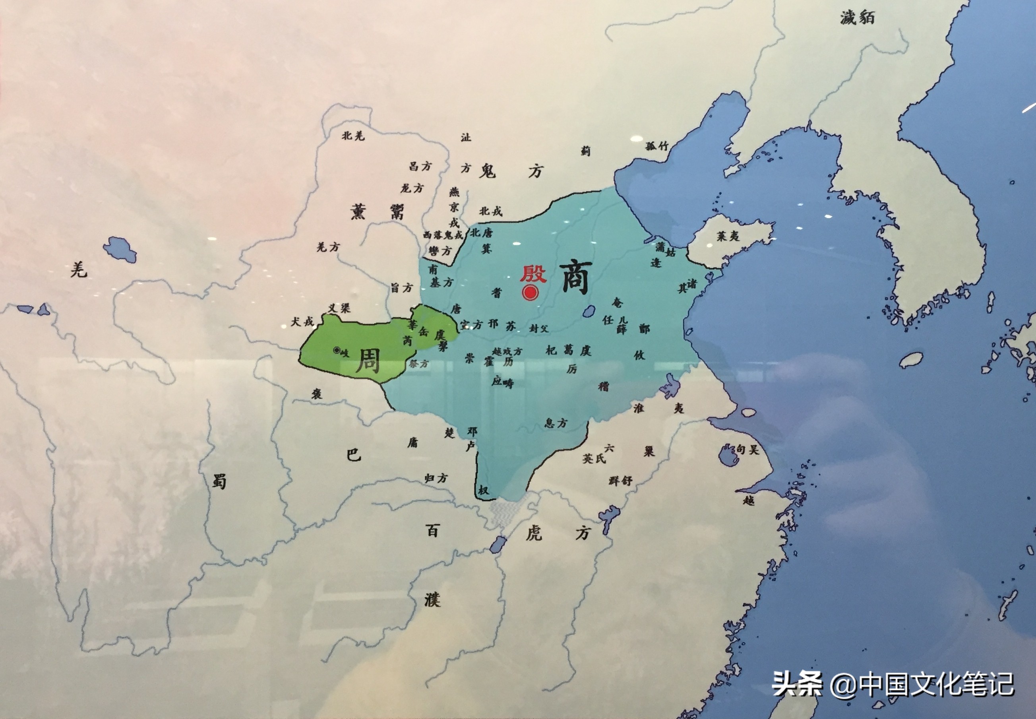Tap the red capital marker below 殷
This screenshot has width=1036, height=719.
pos(531,293)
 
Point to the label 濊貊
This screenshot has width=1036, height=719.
pos(857,18)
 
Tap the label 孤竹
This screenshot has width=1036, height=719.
pos(657,146)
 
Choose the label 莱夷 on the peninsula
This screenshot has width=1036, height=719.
pos(728,236)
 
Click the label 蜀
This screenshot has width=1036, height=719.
pos(219,482)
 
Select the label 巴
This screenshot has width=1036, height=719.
pos(354,455)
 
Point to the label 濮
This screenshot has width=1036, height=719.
pos(432,600)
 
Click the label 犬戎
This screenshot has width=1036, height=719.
pos(302,322)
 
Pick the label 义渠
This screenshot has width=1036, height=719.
pos(339,308)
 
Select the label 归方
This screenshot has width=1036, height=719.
pos(436,478)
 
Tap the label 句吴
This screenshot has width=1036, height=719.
pos(747,449)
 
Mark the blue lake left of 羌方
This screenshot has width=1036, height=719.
pos(120,249)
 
